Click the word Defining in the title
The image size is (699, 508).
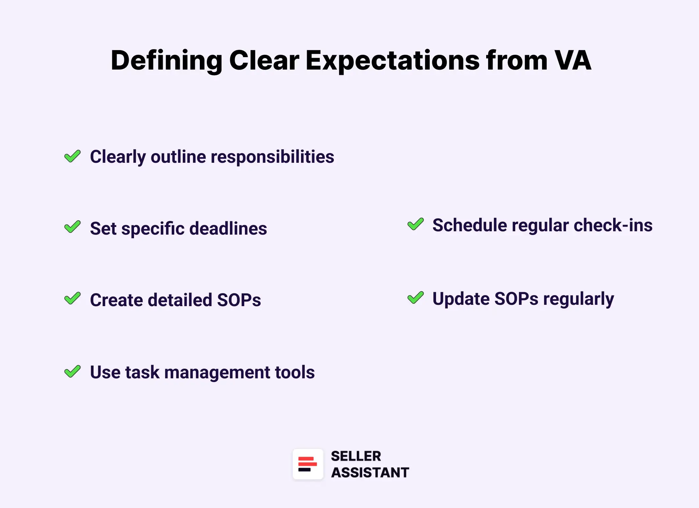click(166, 60)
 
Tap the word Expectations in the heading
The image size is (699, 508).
click(392, 60)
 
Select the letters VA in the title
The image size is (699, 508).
click(572, 60)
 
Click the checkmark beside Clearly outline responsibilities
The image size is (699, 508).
click(73, 156)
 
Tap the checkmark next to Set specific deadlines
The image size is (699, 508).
click(73, 227)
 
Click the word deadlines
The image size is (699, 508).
click(228, 229)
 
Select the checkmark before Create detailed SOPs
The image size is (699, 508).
click(73, 298)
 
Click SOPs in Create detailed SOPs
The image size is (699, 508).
click(239, 300)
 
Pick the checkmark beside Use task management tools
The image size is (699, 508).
click(73, 371)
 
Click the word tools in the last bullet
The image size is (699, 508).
click(294, 372)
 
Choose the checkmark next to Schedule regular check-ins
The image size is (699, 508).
click(415, 224)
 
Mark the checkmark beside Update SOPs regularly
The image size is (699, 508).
click(415, 297)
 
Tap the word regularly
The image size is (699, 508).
click(578, 299)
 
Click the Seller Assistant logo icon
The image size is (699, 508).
click(308, 464)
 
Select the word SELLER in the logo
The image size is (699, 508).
click(356, 456)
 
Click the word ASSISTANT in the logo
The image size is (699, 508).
click(370, 473)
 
